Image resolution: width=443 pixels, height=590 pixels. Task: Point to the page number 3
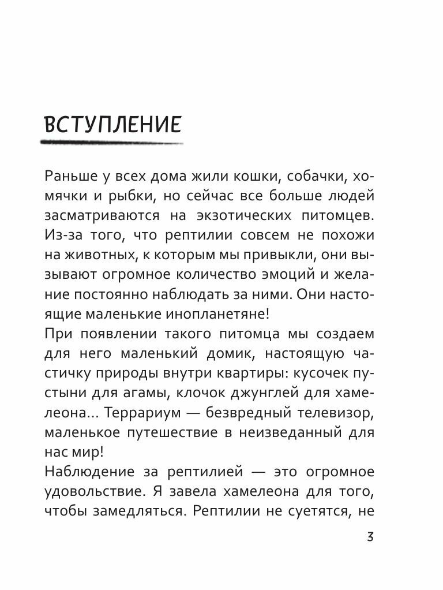370,537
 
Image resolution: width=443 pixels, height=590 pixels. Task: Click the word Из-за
60,236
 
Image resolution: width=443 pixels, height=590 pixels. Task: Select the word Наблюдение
84,473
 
